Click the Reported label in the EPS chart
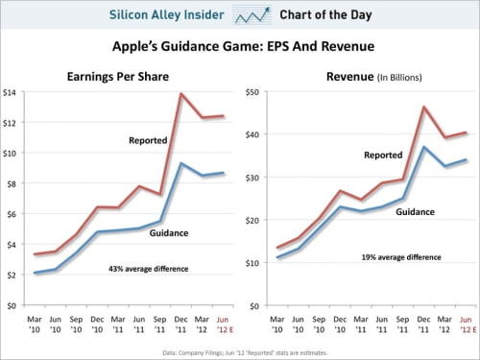click(148, 141)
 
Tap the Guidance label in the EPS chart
click(168, 232)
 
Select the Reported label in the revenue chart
click(382, 155)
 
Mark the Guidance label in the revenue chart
click(416, 212)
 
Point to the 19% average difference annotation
click(400, 257)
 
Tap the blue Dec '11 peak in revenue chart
click(423, 147)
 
